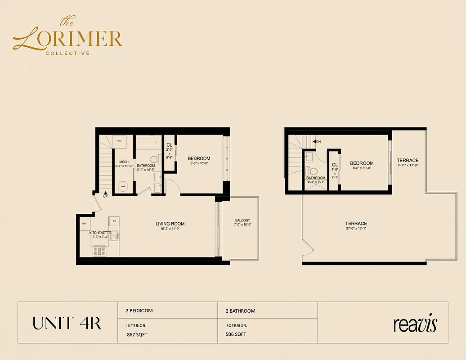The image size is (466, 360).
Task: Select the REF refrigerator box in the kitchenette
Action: [x=85, y=224]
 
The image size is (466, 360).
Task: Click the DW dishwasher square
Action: [x=115, y=221]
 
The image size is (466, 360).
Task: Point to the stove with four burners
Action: [x=99, y=251]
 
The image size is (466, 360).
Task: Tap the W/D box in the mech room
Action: [x=120, y=141]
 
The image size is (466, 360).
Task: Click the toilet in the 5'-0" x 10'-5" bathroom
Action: [x=154, y=159]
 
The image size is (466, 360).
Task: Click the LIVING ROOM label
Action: [x=170, y=224]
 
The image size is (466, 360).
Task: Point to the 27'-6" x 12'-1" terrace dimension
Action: [x=356, y=229]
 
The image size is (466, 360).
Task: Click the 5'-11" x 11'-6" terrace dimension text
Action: [x=408, y=165]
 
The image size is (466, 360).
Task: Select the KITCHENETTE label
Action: [x=100, y=233]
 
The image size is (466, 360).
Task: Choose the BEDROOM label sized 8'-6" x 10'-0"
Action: [x=362, y=163]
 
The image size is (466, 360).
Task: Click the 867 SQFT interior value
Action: [x=137, y=334]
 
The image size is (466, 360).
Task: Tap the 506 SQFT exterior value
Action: [x=236, y=334]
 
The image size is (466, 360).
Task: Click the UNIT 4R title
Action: [x=67, y=323]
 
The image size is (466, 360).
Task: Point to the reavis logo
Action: [x=415, y=324]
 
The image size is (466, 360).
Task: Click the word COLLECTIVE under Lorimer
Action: [x=67, y=53]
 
